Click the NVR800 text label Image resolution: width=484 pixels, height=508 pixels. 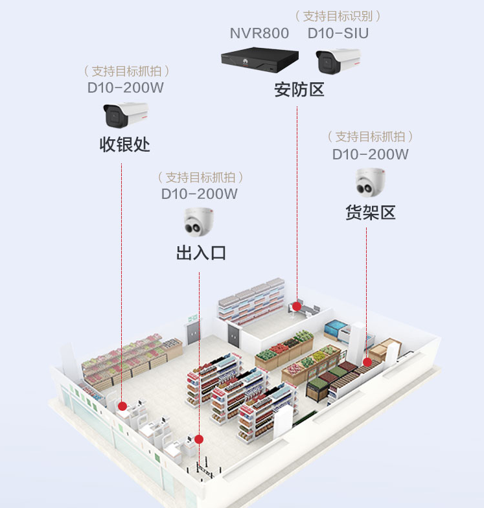click(259, 33)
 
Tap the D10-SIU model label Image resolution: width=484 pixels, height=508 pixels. click(338, 33)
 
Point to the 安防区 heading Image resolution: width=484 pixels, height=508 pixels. click(299, 89)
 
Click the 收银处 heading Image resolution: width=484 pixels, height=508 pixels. click(124, 144)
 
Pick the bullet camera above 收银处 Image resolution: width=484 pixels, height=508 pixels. click(125, 115)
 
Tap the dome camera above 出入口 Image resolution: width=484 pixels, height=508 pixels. click(199, 222)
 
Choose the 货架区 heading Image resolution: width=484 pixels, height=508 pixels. click(370, 213)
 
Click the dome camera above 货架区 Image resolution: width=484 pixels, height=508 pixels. click(370, 181)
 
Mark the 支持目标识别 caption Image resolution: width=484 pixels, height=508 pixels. click(338, 16)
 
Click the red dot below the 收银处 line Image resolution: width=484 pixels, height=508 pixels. click(122, 406)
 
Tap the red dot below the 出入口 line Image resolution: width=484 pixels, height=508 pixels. click(200, 439)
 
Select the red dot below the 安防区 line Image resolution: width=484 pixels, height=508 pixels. click(296, 306)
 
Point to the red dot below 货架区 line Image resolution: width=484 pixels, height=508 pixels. click(367, 362)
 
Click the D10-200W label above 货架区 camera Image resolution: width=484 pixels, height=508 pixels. click(370, 154)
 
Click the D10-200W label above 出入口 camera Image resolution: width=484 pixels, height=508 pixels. click(199, 193)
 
